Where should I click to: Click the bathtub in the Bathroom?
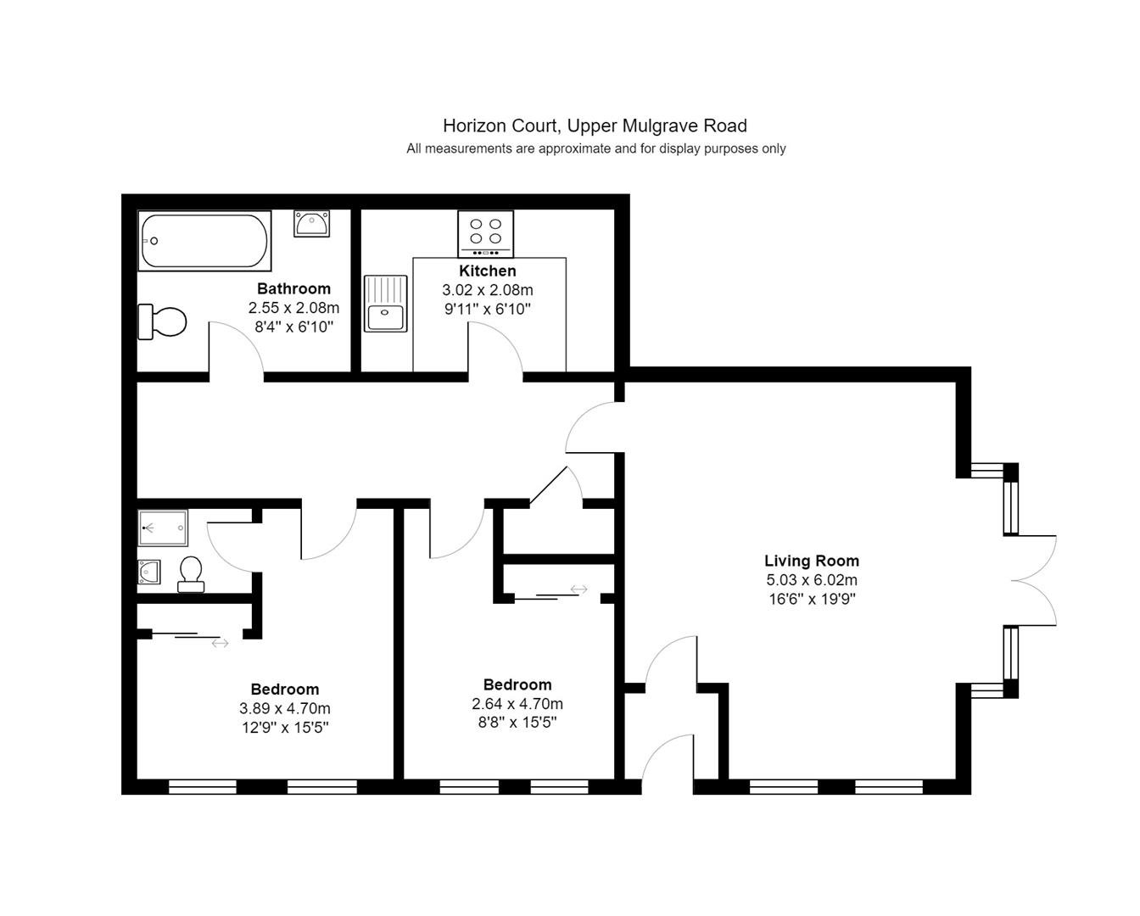[x=204, y=241]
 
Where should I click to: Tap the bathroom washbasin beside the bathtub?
[x=311, y=224]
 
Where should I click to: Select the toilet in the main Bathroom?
[x=162, y=321]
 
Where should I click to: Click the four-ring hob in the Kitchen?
[x=485, y=233]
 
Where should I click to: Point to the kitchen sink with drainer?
[x=386, y=304]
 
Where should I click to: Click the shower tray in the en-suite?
[x=163, y=528]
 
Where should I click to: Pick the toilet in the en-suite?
[x=191, y=573]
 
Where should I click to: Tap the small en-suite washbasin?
[x=149, y=572]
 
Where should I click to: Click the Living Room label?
[x=812, y=561]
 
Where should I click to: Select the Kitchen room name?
[x=488, y=271]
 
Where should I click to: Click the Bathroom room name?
[x=294, y=288]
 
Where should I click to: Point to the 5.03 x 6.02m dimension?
[x=812, y=579]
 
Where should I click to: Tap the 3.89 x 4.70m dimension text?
[x=285, y=708]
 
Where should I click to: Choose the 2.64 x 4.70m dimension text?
[x=517, y=704]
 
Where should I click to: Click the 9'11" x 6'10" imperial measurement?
[x=488, y=309]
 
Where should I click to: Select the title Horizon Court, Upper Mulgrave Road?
[x=595, y=126]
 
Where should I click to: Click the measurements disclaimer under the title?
[x=596, y=148]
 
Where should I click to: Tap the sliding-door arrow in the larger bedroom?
[x=221, y=643]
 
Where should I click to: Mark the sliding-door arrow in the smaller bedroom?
[x=579, y=589]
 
